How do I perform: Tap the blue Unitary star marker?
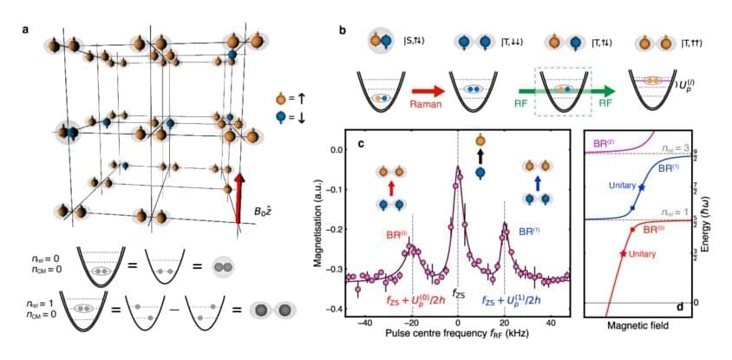point(642,187)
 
